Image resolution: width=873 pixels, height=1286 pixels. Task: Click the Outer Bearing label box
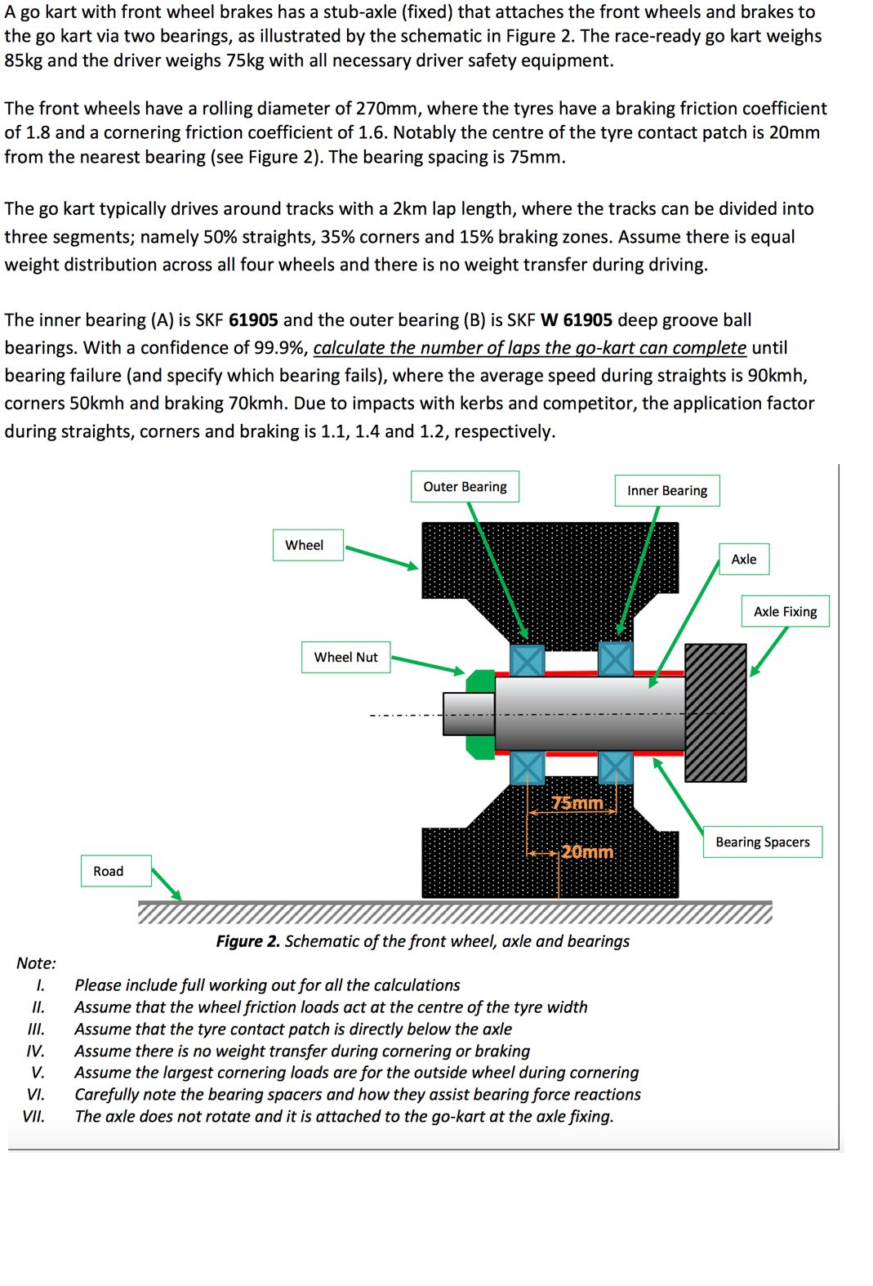[x=465, y=487]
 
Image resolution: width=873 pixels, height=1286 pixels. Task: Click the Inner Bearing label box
[x=666, y=491]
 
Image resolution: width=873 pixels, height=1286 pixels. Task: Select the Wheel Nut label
[x=345, y=657]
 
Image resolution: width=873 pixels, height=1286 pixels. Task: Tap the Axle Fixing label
[x=785, y=611]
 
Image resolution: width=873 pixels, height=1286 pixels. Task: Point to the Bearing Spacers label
[x=762, y=842]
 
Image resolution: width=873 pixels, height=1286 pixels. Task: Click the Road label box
[x=109, y=871]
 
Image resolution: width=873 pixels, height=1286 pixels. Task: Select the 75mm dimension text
[x=577, y=803]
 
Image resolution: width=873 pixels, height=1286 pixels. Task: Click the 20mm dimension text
[x=586, y=851]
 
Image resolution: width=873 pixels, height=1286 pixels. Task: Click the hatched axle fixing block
[x=715, y=712]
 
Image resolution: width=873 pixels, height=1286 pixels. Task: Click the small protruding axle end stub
[x=468, y=713]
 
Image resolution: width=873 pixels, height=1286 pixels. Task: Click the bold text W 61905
[x=576, y=320]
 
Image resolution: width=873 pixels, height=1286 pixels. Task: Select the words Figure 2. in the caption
[x=247, y=941]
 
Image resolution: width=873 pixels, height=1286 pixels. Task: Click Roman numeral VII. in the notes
[x=33, y=1117]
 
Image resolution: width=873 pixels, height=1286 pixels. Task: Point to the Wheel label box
[x=305, y=545]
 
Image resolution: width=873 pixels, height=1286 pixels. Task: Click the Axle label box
[x=743, y=560]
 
